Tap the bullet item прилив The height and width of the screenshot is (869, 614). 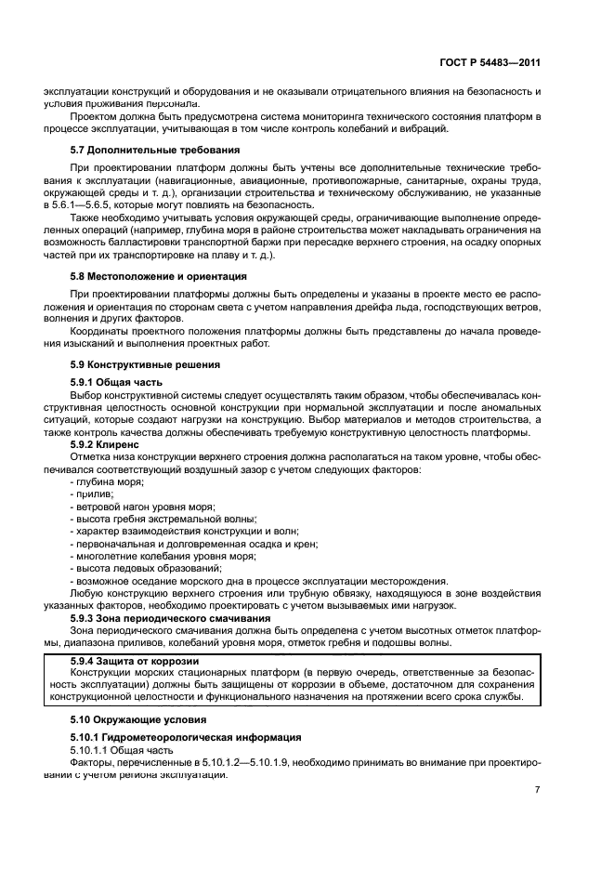[x=91, y=495]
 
